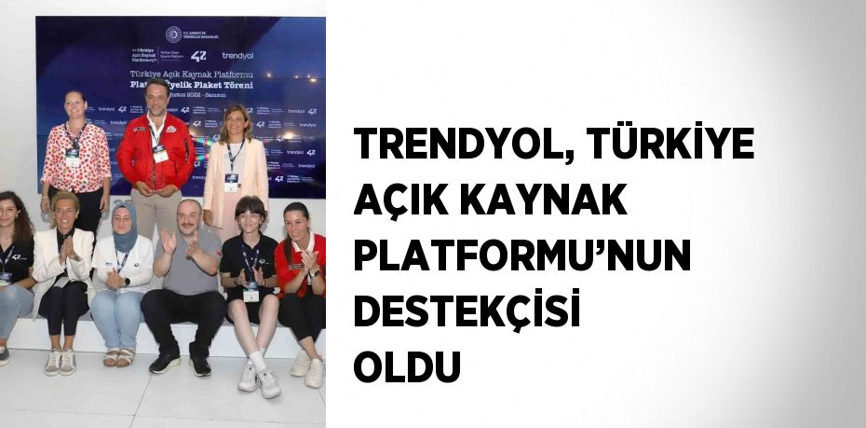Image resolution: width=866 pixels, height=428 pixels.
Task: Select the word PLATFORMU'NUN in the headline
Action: (x=522, y=255)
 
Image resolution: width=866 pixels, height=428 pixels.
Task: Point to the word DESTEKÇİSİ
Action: (x=467, y=311)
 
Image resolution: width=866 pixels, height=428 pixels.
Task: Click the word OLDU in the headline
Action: (x=407, y=366)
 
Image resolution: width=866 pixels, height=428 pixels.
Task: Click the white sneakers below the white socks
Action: (x=259, y=379)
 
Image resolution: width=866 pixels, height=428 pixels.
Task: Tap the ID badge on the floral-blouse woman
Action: (x=73, y=156)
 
